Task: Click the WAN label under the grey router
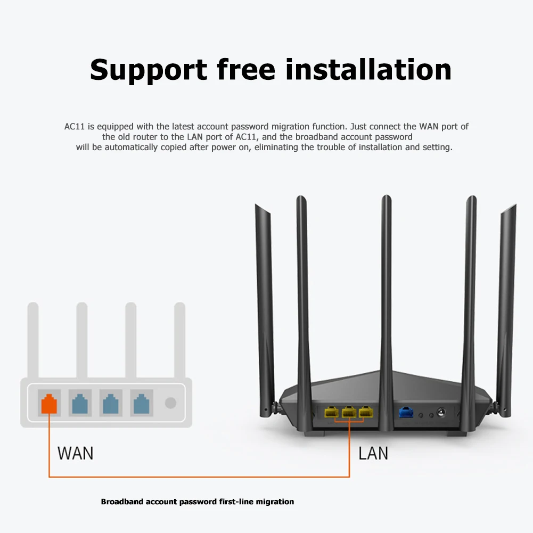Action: pyautogui.click(x=75, y=453)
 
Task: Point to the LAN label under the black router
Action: pyautogui.click(x=373, y=453)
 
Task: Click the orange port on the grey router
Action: pyautogui.click(x=49, y=403)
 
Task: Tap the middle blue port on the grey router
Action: pyautogui.click(x=110, y=403)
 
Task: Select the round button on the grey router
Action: pyautogui.click(x=170, y=403)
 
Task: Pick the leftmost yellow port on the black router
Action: pyautogui.click(x=331, y=412)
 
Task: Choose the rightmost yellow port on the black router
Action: pyautogui.click(x=365, y=412)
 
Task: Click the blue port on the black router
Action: pyautogui.click(x=406, y=412)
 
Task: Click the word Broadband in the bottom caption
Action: pyautogui.click(x=122, y=502)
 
